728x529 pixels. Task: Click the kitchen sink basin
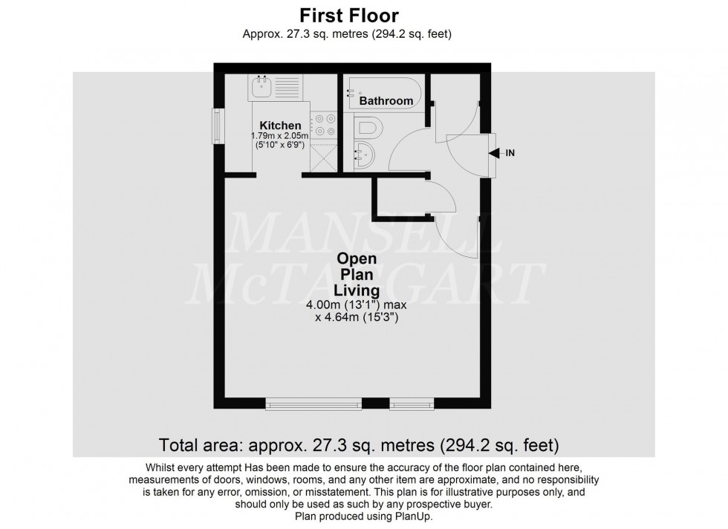coord(261,88)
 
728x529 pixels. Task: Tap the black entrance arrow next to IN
coord(493,154)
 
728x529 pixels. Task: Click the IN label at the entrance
coord(510,154)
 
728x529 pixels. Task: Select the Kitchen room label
coord(280,126)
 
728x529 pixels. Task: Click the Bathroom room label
coord(386,101)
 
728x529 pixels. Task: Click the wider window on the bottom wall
coord(313,404)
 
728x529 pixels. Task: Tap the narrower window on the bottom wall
coord(404,404)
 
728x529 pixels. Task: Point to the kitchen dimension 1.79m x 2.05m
coord(280,137)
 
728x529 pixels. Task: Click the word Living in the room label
coord(358,290)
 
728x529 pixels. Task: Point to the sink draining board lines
coord(287,88)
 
